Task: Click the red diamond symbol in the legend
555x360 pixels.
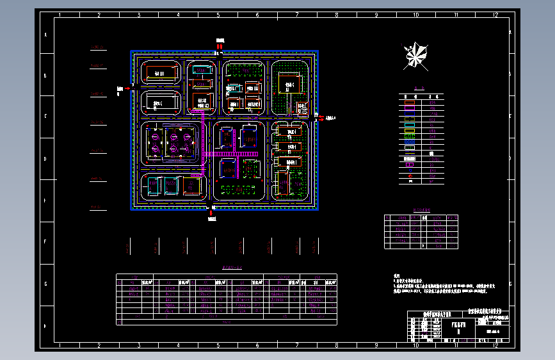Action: pyautogui.click(x=411, y=176)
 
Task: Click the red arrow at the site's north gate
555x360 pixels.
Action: pyautogui.click(x=219, y=47)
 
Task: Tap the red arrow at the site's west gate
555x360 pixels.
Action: pyautogui.click(x=127, y=88)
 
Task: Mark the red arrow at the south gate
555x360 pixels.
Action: pyautogui.click(x=212, y=209)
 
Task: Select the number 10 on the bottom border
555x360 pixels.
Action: pyautogui.click(x=417, y=345)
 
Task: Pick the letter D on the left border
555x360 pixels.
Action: pyautogui.click(x=45, y=160)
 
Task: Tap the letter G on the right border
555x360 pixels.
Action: pyautogui.click(x=510, y=284)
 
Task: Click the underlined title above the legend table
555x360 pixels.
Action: pyautogui.click(x=419, y=90)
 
